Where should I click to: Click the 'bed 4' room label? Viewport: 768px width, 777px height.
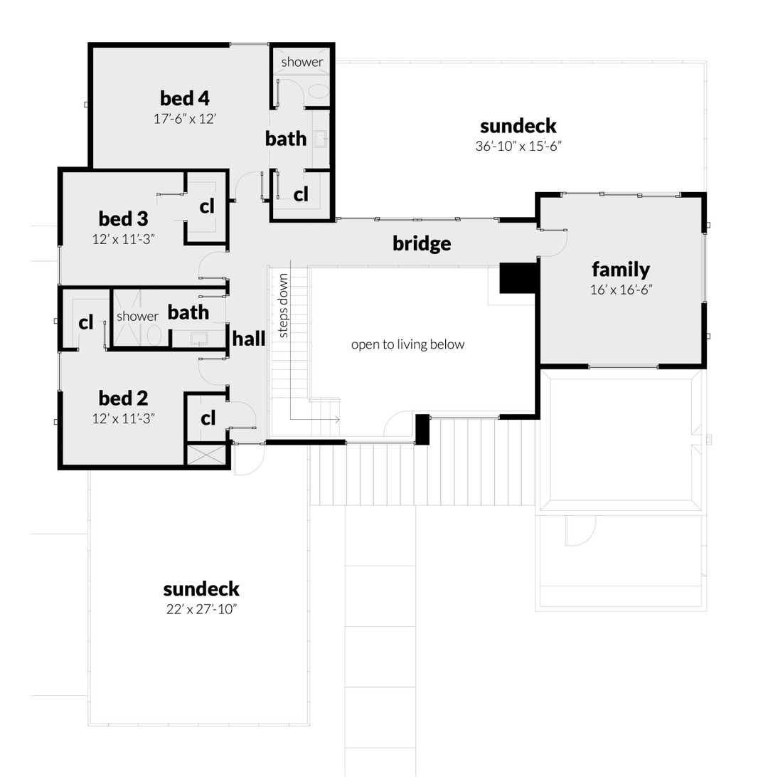coord(184,98)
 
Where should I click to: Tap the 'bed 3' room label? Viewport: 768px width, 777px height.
coord(123,218)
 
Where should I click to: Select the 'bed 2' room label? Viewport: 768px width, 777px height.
coord(123,398)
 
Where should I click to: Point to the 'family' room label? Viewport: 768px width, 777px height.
coord(621,269)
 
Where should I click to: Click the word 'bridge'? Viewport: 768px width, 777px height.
coord(422,243)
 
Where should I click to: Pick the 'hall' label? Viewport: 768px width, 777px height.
coord(249,339)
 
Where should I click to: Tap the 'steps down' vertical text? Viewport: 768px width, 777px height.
coord(283,305)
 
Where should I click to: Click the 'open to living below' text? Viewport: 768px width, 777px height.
coord(407,344)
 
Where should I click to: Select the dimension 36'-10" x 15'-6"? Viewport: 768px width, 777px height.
coord(518,147)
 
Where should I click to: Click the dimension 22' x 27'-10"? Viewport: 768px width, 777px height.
coord(201,609)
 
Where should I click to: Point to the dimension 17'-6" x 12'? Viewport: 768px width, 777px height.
coord(184,119)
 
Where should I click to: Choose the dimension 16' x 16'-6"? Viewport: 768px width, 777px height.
coord(621,290)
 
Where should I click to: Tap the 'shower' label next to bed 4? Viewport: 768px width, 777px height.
coord(302,62)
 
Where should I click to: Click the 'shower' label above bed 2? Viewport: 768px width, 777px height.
coord(137,316)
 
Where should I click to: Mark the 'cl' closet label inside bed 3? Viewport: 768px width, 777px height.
coord(207,206)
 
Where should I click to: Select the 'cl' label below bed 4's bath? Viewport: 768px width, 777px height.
coord(301,194)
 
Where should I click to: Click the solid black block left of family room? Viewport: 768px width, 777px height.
coord(517,277)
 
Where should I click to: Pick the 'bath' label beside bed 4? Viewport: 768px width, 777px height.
coord(286,139)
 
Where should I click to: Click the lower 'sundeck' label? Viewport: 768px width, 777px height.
coord(201,589)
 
